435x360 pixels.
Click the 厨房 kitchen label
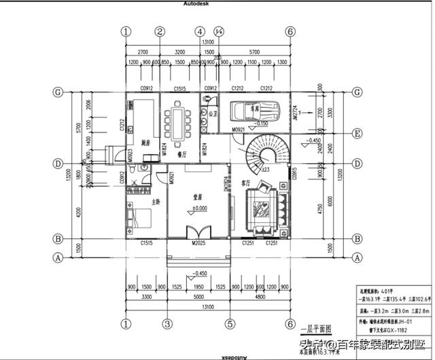(x=145, y=143)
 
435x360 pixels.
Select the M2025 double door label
(x=198, y=243)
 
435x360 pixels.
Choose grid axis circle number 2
(x=160, y=31)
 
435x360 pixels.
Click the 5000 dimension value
(x=198, y=297)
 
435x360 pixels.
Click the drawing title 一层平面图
(x=314, y=327)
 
